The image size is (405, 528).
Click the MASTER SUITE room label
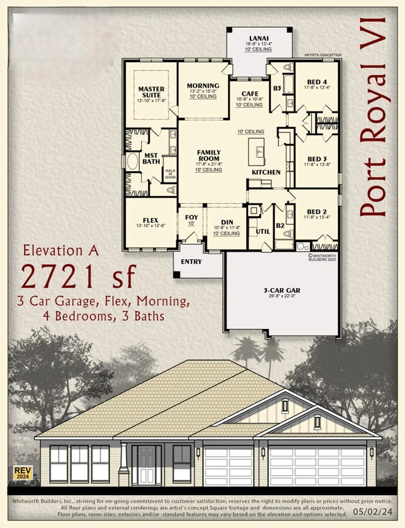tap(151, 93)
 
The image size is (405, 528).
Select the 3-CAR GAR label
tap(282, 290)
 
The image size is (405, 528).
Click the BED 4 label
tap(317, 82)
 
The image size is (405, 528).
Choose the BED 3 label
tap(317, 158)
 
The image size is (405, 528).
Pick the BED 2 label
tap(316, 211)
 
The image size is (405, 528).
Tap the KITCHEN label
tap(266, 172)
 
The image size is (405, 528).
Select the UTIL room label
tap(263, 231)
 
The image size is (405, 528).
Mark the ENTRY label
tap(191, 261)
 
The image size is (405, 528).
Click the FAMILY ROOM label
tap(208, 156)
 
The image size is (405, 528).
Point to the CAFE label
tap(249, 93)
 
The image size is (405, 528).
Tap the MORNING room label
tap(203, 86)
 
